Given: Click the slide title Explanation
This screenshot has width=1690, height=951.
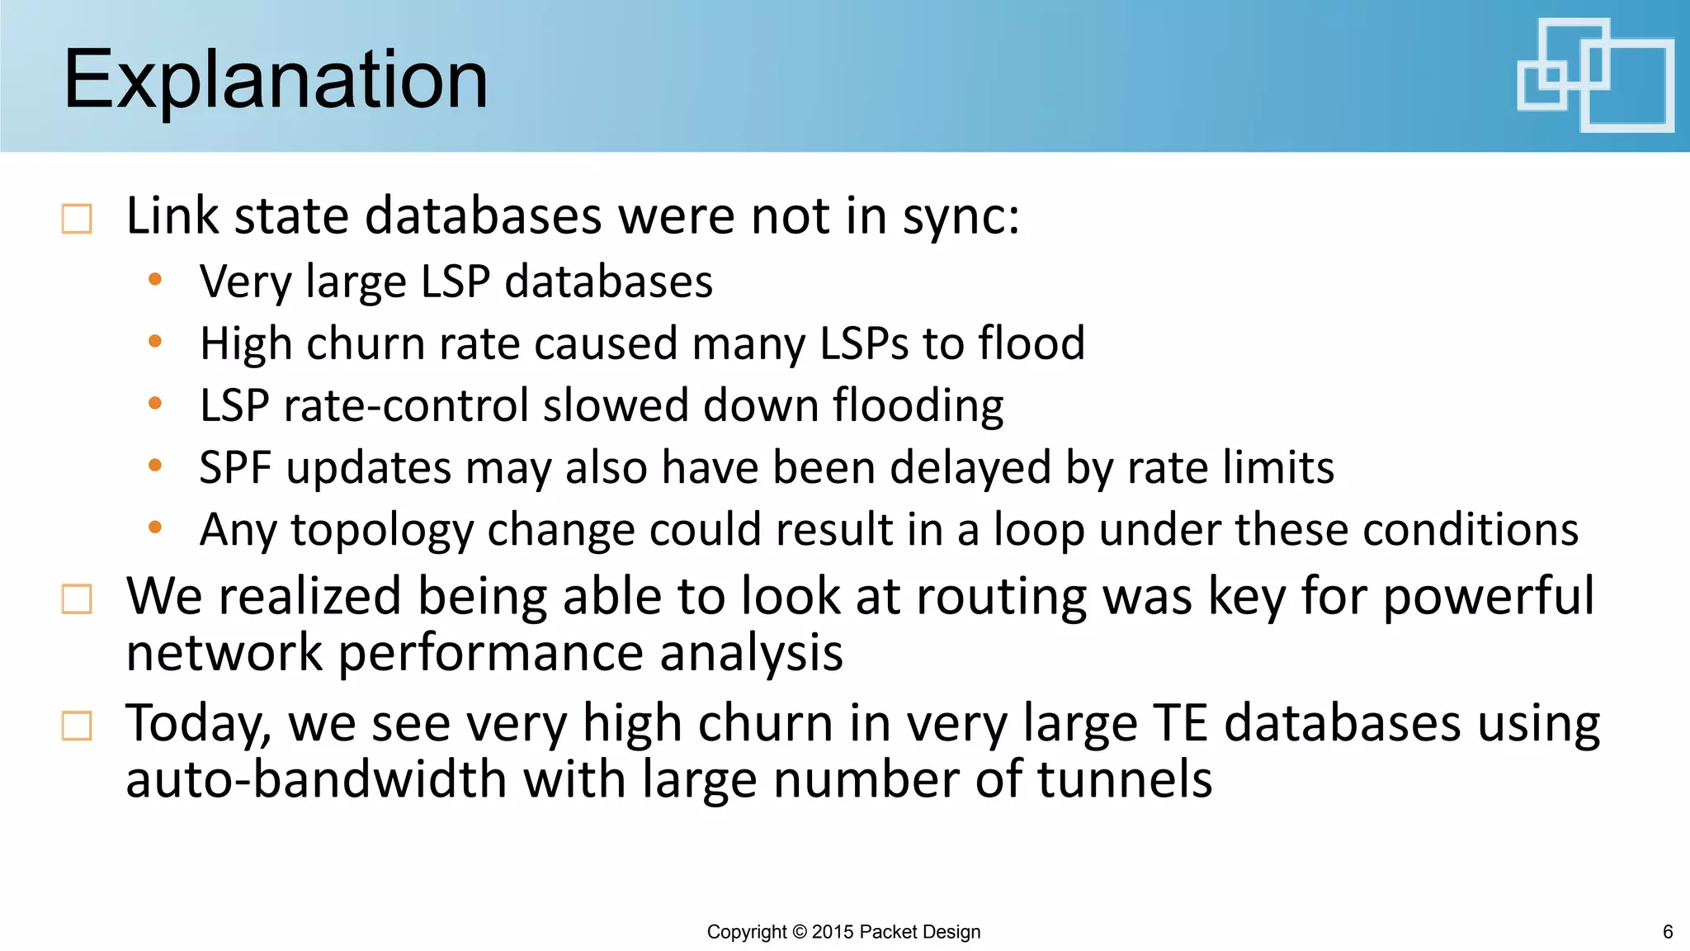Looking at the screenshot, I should (275, 79).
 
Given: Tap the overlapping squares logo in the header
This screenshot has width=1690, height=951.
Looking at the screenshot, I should (1594, 75).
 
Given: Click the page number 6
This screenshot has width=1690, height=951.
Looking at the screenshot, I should (1667, 932).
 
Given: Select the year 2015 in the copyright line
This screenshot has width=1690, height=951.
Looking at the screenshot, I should (833, 932).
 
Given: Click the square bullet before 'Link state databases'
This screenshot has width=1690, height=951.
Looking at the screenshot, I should (77, 220).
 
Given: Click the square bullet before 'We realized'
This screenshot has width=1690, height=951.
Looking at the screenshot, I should (77, 599).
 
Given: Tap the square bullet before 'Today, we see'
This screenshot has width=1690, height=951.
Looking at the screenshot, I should (77, 726).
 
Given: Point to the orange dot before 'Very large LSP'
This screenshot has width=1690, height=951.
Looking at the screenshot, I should (154, 281).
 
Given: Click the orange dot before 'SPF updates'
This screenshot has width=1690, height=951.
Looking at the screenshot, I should (154, 466).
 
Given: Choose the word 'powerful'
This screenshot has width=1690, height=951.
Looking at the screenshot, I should (1488, 598).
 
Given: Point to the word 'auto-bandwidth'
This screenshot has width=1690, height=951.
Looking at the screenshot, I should (316, 779).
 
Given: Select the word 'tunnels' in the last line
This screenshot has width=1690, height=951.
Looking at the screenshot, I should (1124, 779).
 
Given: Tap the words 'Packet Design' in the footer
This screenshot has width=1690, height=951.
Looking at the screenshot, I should (919, 932).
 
